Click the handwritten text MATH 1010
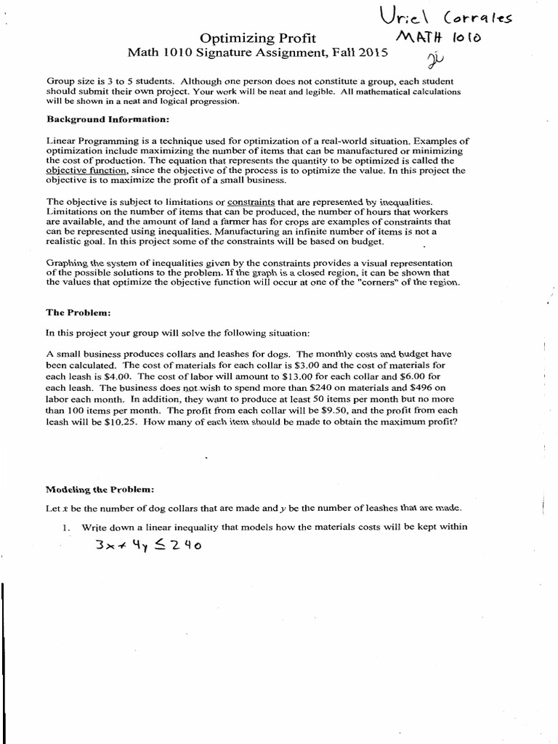click(435, 37)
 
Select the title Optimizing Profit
click(258, 38)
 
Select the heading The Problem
click(78, 312)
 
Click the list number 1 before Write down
click(65, 527)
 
